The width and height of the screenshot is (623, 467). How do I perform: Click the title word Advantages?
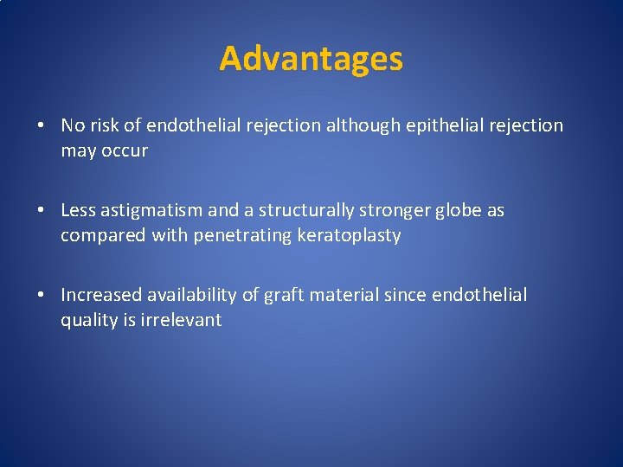pyautogui.click(x=311, y=59)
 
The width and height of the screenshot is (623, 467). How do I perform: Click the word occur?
pyautogui.click(x=127, y=150)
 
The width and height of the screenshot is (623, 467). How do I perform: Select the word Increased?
pyautogui.click(x=99, y=295)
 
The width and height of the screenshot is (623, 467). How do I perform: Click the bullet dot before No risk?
pyautogui.click(x=41, y=126)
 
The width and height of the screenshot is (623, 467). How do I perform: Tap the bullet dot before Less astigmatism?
pyautogui.click(x=41, y=211)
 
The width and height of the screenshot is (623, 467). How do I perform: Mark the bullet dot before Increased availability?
pyautogui.click(x=41, y=296)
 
